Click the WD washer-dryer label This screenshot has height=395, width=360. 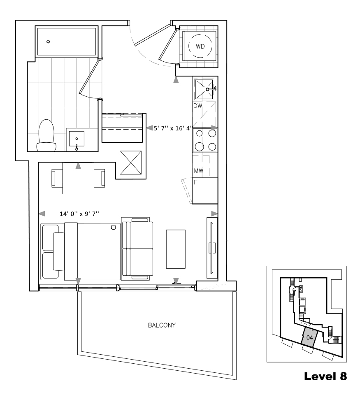pos(200,46)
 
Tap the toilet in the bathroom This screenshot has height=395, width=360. pos(46,135)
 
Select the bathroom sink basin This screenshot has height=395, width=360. pos(77,139)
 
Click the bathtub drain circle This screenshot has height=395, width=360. pos(48,42)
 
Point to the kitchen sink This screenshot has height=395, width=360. pos(204,89)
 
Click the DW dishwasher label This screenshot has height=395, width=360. pos(198,106)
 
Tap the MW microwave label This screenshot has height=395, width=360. pos(199,171)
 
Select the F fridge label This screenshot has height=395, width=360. pos(195,182)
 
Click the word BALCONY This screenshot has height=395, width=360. pos(162,325)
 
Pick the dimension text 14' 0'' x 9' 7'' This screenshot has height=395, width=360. pos(79,214)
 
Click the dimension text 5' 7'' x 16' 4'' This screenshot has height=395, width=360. pos(173,128)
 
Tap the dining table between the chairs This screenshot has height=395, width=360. pos(78,178)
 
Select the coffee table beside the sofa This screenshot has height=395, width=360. pos(176,249)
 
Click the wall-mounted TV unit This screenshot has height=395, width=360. pos(212,248)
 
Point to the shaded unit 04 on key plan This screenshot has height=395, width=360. pos(310,337)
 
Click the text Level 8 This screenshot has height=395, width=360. pos(325,376)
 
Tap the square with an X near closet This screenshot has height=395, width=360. pos(131,163)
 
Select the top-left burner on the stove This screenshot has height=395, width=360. pos(199,133)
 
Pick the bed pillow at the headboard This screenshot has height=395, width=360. pos(59,251)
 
